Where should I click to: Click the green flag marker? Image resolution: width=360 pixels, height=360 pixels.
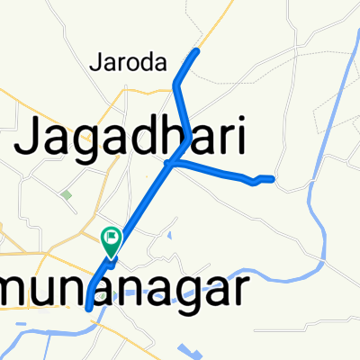[112, 239]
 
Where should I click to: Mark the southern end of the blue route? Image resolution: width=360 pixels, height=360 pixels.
[88, 308]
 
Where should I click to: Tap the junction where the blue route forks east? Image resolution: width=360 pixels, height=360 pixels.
[169, 164]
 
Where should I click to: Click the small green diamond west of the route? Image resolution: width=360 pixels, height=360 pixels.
[67, 193]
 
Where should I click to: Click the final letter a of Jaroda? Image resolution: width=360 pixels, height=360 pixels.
[163, 64]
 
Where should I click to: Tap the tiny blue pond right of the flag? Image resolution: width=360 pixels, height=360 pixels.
[168, 237]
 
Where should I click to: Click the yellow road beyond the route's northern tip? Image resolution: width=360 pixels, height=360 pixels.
[212, 27]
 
